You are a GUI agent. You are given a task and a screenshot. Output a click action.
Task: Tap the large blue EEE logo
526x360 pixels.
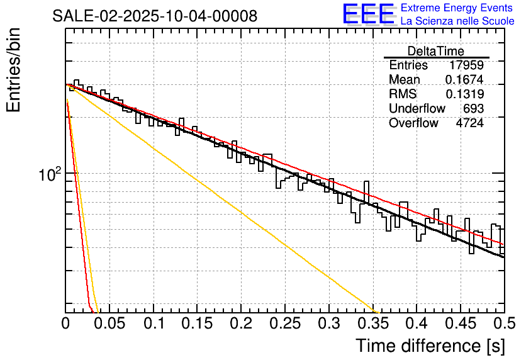(369, 14)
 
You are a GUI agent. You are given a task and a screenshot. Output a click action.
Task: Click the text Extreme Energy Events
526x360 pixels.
(457, 8)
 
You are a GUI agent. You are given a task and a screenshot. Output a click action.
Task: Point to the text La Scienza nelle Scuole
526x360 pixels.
(457, 21)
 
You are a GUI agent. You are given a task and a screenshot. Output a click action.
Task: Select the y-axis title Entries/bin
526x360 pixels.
(14, 71)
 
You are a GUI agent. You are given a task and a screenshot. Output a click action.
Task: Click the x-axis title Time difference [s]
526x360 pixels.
(429, 346)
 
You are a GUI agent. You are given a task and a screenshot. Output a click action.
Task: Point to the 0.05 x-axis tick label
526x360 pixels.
(109, 324)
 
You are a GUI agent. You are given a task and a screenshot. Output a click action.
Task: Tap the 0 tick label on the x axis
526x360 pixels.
(65, 324)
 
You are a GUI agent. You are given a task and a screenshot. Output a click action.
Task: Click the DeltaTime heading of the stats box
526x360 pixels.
(436, 51)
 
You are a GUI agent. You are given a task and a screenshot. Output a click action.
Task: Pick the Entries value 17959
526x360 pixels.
(466, 65)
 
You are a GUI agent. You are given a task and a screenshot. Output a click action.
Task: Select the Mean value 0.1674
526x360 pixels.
(464, 80)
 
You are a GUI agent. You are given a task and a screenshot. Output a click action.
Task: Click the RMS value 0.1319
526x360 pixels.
(464, 94)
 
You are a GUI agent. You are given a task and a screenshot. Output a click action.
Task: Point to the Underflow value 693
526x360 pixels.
(473, 109)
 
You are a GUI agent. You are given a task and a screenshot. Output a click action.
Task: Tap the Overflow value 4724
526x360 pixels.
(469, 123)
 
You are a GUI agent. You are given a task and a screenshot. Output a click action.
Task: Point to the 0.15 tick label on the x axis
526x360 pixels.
(197, 324)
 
